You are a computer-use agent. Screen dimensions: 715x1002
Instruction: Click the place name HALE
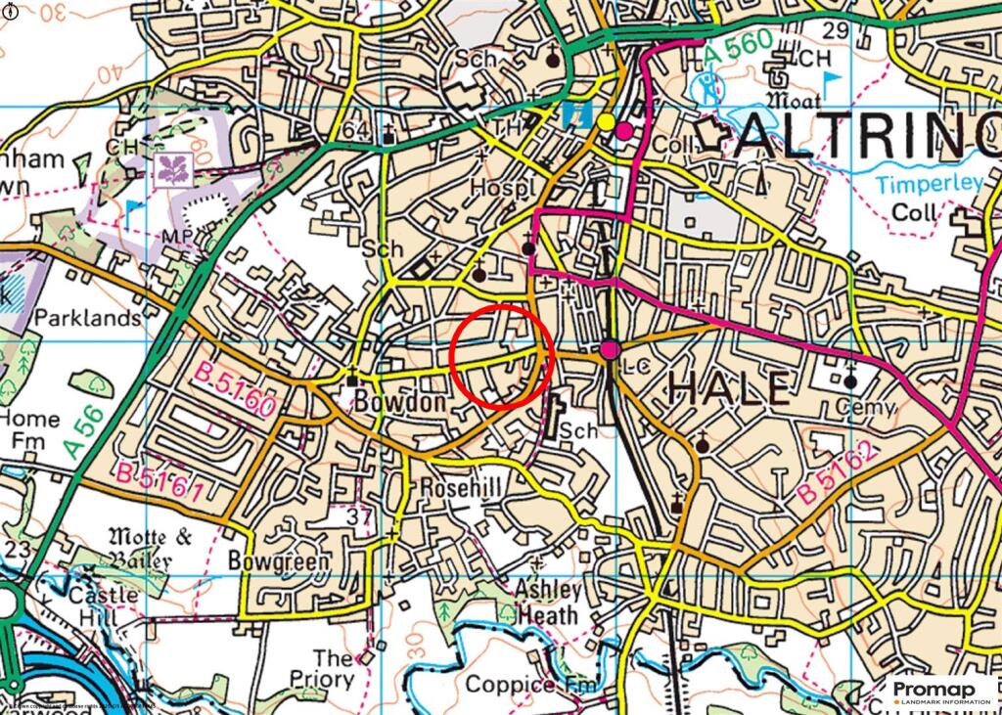(729, 387)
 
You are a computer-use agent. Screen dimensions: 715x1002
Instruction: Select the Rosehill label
(460, 487)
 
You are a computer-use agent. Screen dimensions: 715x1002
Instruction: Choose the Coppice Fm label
(529, 684)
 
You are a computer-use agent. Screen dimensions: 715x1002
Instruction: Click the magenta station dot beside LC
(611, 349)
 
